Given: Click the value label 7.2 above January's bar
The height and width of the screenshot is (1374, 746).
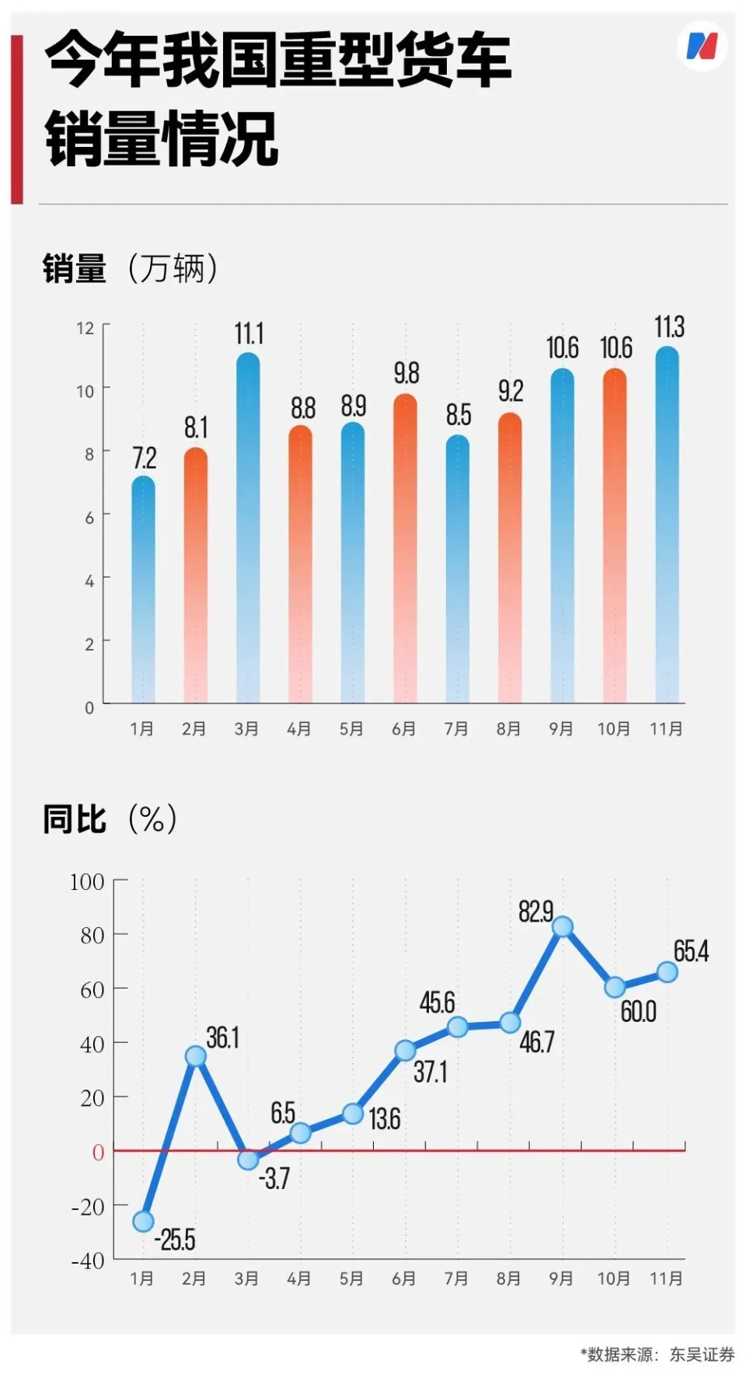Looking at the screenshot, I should [144, 458].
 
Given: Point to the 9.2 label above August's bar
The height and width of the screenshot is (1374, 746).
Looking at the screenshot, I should [511, 391].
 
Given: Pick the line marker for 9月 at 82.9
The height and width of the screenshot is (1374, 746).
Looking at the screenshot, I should [563, 926].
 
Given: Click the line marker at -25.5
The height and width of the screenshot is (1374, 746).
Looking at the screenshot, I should [143, 1221].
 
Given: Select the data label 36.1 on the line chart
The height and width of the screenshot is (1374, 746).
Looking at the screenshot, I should [222, 1037].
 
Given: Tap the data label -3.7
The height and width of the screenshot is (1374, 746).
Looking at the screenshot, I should [274, 1178].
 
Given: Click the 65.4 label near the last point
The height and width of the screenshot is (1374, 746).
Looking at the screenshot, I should [691, 950].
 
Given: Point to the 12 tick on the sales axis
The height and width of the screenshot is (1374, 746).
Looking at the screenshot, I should [85, 328].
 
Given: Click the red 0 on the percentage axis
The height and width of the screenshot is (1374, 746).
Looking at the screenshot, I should [98, 1152].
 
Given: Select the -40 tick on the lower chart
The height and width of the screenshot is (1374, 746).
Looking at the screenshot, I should [88, 1261].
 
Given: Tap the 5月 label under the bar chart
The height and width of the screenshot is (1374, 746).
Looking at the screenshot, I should [351, 729].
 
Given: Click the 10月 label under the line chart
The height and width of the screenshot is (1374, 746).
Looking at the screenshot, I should [613, 1278].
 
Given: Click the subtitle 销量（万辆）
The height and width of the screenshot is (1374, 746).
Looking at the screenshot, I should [131, 269].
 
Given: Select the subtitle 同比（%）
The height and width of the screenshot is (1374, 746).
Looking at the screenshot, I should [110, 819].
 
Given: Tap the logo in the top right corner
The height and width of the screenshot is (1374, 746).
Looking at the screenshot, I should [702, 46].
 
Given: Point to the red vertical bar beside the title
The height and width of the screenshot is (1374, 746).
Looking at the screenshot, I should [17, 119].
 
